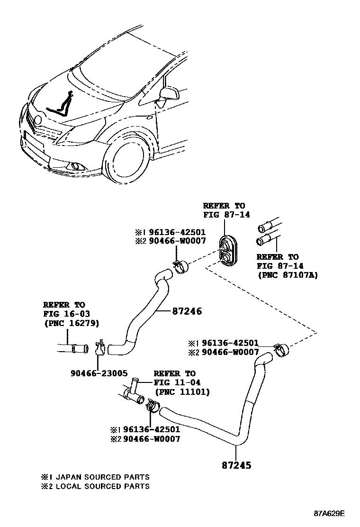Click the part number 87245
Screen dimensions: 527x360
(x=235, y=465)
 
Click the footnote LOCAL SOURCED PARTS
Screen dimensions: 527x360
(x=100, y=486)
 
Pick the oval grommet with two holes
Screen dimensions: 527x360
(x=229, y=250)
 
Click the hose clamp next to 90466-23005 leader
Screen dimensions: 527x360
(x=100, y=348)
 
